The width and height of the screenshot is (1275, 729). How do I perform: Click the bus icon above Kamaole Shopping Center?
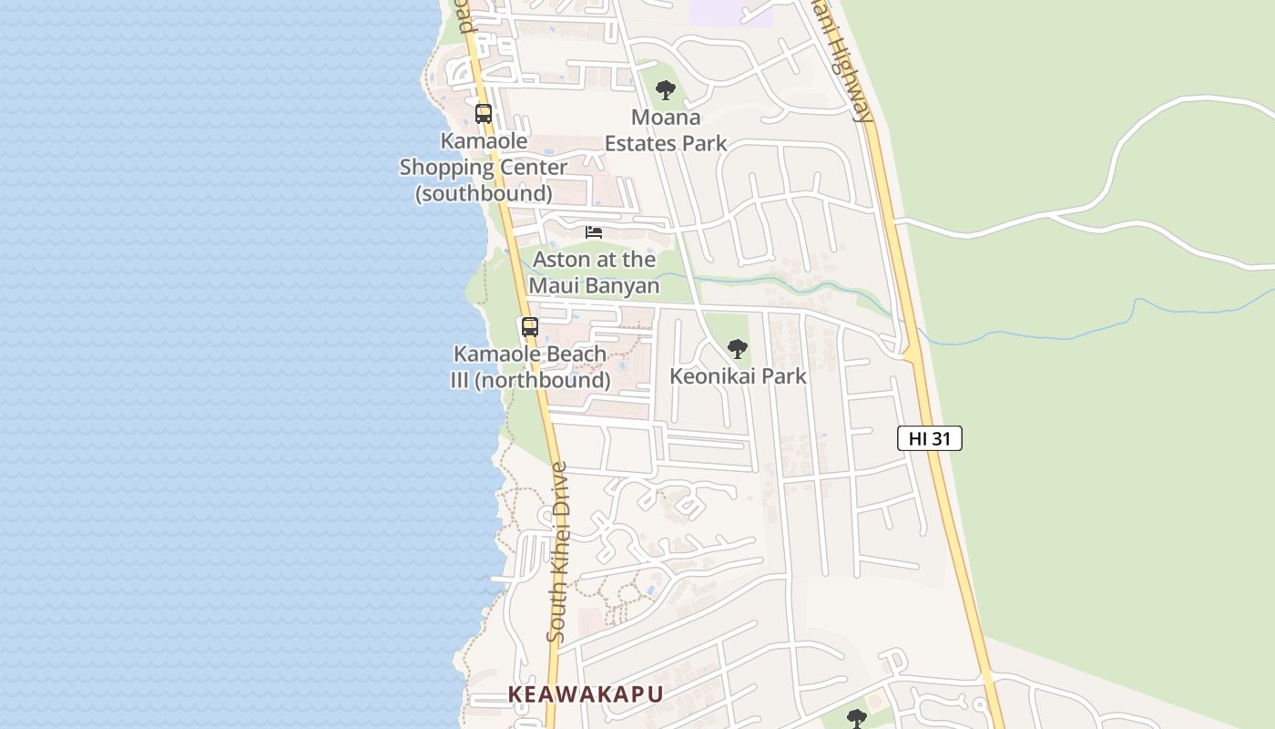(x=484, y=114)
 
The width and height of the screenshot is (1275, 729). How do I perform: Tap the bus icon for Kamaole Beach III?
(x=530, y=326)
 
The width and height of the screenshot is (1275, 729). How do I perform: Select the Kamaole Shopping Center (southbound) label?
(x=484, y=168)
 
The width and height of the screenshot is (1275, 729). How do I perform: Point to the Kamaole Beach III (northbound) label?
(x=530, y=367)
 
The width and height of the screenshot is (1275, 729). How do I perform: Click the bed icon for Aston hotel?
(x=594, y=232)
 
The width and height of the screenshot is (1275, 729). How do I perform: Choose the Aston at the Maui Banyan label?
(x=594, y=272)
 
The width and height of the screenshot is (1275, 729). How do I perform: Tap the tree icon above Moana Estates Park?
(x=666, y=90)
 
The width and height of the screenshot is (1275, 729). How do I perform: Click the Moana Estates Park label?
(x=666, y=130)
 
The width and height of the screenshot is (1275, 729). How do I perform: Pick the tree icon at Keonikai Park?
(x=738, y=349)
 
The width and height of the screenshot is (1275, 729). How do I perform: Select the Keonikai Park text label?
(x=738, y=376)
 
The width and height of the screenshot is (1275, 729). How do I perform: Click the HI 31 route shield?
(x=929, y=438)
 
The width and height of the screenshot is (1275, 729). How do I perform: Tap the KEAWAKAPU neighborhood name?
(x=586, y=693)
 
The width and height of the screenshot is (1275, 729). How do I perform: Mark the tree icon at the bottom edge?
(x=856, y=719)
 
